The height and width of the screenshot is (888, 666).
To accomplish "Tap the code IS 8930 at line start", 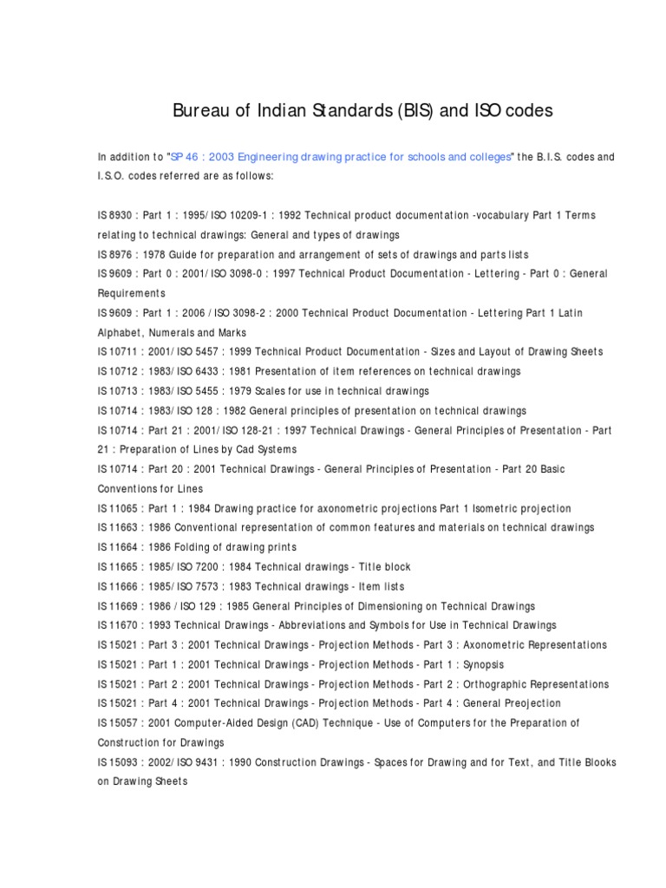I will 113,215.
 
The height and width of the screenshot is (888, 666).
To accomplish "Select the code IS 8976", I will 113,254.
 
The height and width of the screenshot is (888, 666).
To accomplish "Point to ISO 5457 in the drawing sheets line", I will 196,352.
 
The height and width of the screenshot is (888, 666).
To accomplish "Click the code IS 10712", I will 116,371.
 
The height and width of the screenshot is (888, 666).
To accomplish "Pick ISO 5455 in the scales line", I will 196,391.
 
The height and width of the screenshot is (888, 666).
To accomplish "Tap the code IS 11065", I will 116,508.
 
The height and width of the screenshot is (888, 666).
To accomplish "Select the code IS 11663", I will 116,527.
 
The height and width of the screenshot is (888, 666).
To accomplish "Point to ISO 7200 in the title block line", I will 196,567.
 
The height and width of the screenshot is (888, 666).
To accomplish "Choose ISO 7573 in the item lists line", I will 196,586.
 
